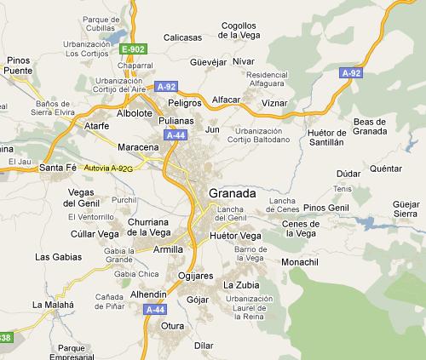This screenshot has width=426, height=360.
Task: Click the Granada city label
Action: click(x=232, y=194)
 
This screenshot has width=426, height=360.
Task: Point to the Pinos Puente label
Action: click(x=18, y=66)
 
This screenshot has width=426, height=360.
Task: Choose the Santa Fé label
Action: click(x=58, y=169)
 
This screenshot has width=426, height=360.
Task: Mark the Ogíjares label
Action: click(x=196, y=276)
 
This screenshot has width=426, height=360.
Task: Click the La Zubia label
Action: click(x=240, y=284)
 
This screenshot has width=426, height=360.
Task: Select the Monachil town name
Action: click(x=300, y=261)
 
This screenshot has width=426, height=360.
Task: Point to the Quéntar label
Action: click(x=386, y=169)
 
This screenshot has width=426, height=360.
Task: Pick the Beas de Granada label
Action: click(x=370, y=127)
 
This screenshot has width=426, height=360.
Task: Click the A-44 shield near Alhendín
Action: click(x=155, y=310)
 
